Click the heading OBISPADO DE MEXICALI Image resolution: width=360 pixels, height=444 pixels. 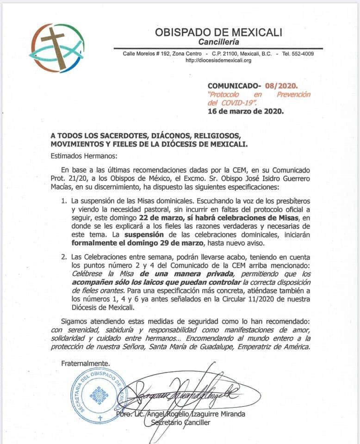(x=218, y=33)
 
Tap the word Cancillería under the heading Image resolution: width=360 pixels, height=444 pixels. (x=218, y=43)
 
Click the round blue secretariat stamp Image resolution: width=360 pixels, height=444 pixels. (x=98, y=395)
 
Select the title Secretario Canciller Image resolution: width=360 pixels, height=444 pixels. (x=181, y=423)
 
